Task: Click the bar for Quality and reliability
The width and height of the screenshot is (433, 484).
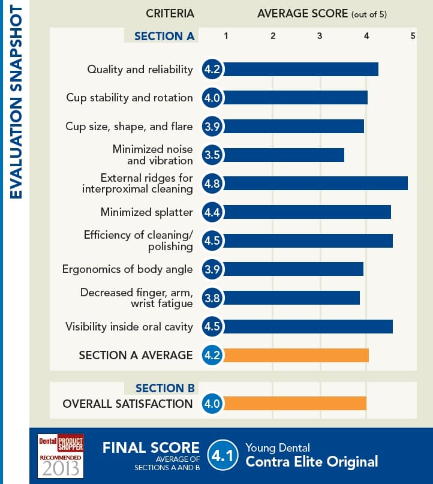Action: click(300, 69)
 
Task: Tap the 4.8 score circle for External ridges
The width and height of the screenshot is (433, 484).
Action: click(212, 184)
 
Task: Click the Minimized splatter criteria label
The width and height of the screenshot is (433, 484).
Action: click(146, 212)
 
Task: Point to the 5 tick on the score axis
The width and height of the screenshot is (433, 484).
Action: click(413, 36)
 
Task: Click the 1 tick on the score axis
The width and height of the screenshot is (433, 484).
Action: click(225, 36)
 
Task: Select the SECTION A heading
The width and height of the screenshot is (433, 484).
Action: click(164, 36)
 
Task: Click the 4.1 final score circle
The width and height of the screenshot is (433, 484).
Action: click(221, 455)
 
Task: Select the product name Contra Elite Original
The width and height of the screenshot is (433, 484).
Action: click(311, 462)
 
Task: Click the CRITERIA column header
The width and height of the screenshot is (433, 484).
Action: click(170, 13)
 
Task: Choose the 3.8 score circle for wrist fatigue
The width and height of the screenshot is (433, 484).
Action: click(212, 297)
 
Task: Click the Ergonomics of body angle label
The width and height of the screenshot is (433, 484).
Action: click(127, 269)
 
